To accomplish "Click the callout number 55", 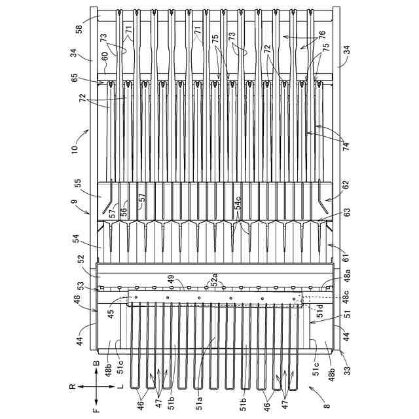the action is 79,184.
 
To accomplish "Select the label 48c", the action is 345,301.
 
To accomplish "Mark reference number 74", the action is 345,146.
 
